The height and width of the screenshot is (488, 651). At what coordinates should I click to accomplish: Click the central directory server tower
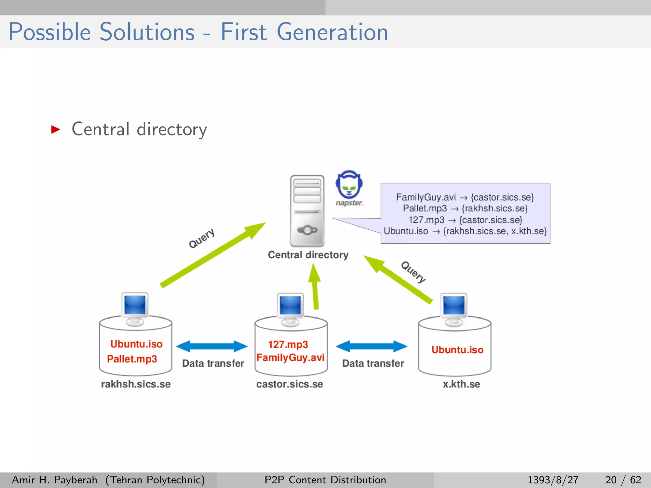point(307,211)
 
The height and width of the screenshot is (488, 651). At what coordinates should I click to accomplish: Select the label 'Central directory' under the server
point(308,255)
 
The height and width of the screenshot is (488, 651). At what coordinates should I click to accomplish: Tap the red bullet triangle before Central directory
point(56,129)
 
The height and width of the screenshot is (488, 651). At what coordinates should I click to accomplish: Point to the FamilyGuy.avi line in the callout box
point(465,197)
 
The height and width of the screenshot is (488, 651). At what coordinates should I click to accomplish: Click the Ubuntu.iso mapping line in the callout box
point(465,231)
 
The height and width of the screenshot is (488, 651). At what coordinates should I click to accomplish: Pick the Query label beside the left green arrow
point(202,238)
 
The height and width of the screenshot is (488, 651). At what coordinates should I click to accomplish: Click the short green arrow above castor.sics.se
point(315,286)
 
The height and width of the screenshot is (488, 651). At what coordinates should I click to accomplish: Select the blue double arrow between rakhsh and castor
point(212,346)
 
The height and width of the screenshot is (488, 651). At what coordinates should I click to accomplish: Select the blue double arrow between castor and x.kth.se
point(371,346)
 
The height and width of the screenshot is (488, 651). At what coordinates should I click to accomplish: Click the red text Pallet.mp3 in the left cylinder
point(132,359)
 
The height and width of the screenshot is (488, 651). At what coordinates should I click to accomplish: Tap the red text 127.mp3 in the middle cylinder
point(288,344)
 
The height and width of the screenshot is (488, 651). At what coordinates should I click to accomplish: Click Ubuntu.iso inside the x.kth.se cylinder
point(457,350)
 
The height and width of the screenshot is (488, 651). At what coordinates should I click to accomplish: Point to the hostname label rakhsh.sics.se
point(136,384)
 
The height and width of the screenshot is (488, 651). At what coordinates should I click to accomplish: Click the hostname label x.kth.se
point(461,384)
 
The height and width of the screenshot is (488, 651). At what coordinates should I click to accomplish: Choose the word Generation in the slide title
point(332,32)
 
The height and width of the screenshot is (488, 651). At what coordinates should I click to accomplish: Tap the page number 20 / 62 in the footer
point(623,480)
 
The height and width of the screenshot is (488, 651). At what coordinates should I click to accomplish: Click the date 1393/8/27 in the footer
point(553,480)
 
